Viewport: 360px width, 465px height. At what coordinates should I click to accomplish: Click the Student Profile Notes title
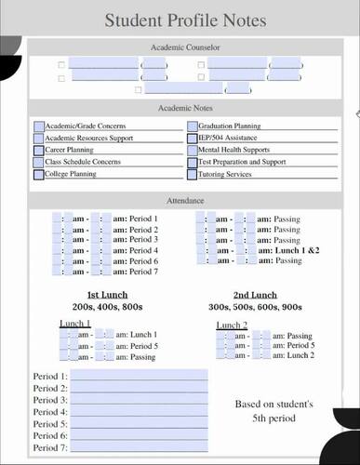(185, 20)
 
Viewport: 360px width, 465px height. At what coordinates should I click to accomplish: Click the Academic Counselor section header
(185, 46)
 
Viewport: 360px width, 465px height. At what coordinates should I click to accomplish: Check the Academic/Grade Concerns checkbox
(39, 126)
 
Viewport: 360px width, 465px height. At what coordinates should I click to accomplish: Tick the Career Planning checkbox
(39, 150)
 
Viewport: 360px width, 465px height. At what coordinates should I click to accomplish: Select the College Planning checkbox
(39, 174)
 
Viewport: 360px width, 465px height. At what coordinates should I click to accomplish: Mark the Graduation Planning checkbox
(193, 126)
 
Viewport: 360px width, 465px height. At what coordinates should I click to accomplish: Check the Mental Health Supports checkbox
(193, 150)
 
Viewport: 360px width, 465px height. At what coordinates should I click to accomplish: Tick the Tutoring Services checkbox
(193, 174)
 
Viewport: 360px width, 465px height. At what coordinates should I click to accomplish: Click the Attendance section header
(185, 201)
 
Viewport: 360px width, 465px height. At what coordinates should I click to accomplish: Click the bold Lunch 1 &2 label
(296, 250)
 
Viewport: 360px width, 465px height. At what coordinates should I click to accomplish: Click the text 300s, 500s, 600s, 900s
(255, 307)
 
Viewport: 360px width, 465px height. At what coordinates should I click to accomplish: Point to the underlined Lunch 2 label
(232, 325)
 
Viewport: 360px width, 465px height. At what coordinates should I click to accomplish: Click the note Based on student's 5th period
(273, 412)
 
